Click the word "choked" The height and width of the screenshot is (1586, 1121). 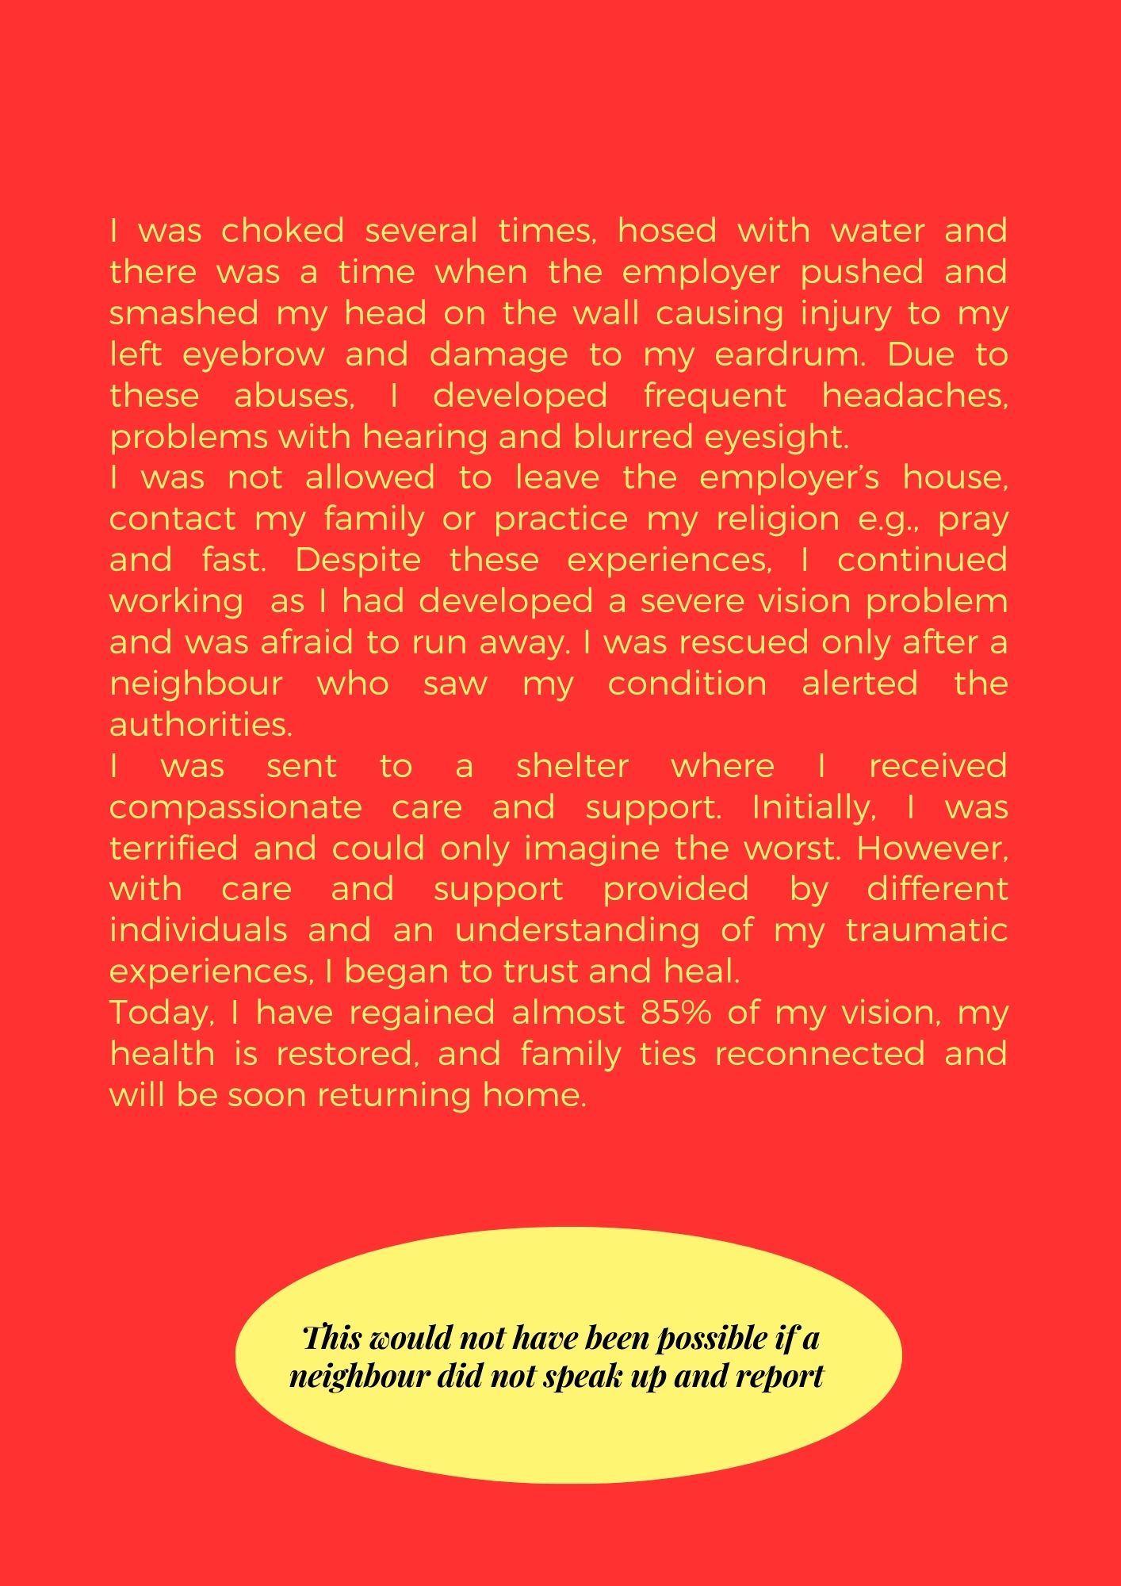(282, 231)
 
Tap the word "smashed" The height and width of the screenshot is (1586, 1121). (184, 313)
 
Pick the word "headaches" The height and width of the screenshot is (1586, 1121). (915, 395)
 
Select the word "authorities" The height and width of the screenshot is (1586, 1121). (201, 724)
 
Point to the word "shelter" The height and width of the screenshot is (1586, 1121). (572, 766)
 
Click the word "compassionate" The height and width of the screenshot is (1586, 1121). (235, 807)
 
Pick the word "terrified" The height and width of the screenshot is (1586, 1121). (174, 849)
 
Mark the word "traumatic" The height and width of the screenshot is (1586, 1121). (927, 929)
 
